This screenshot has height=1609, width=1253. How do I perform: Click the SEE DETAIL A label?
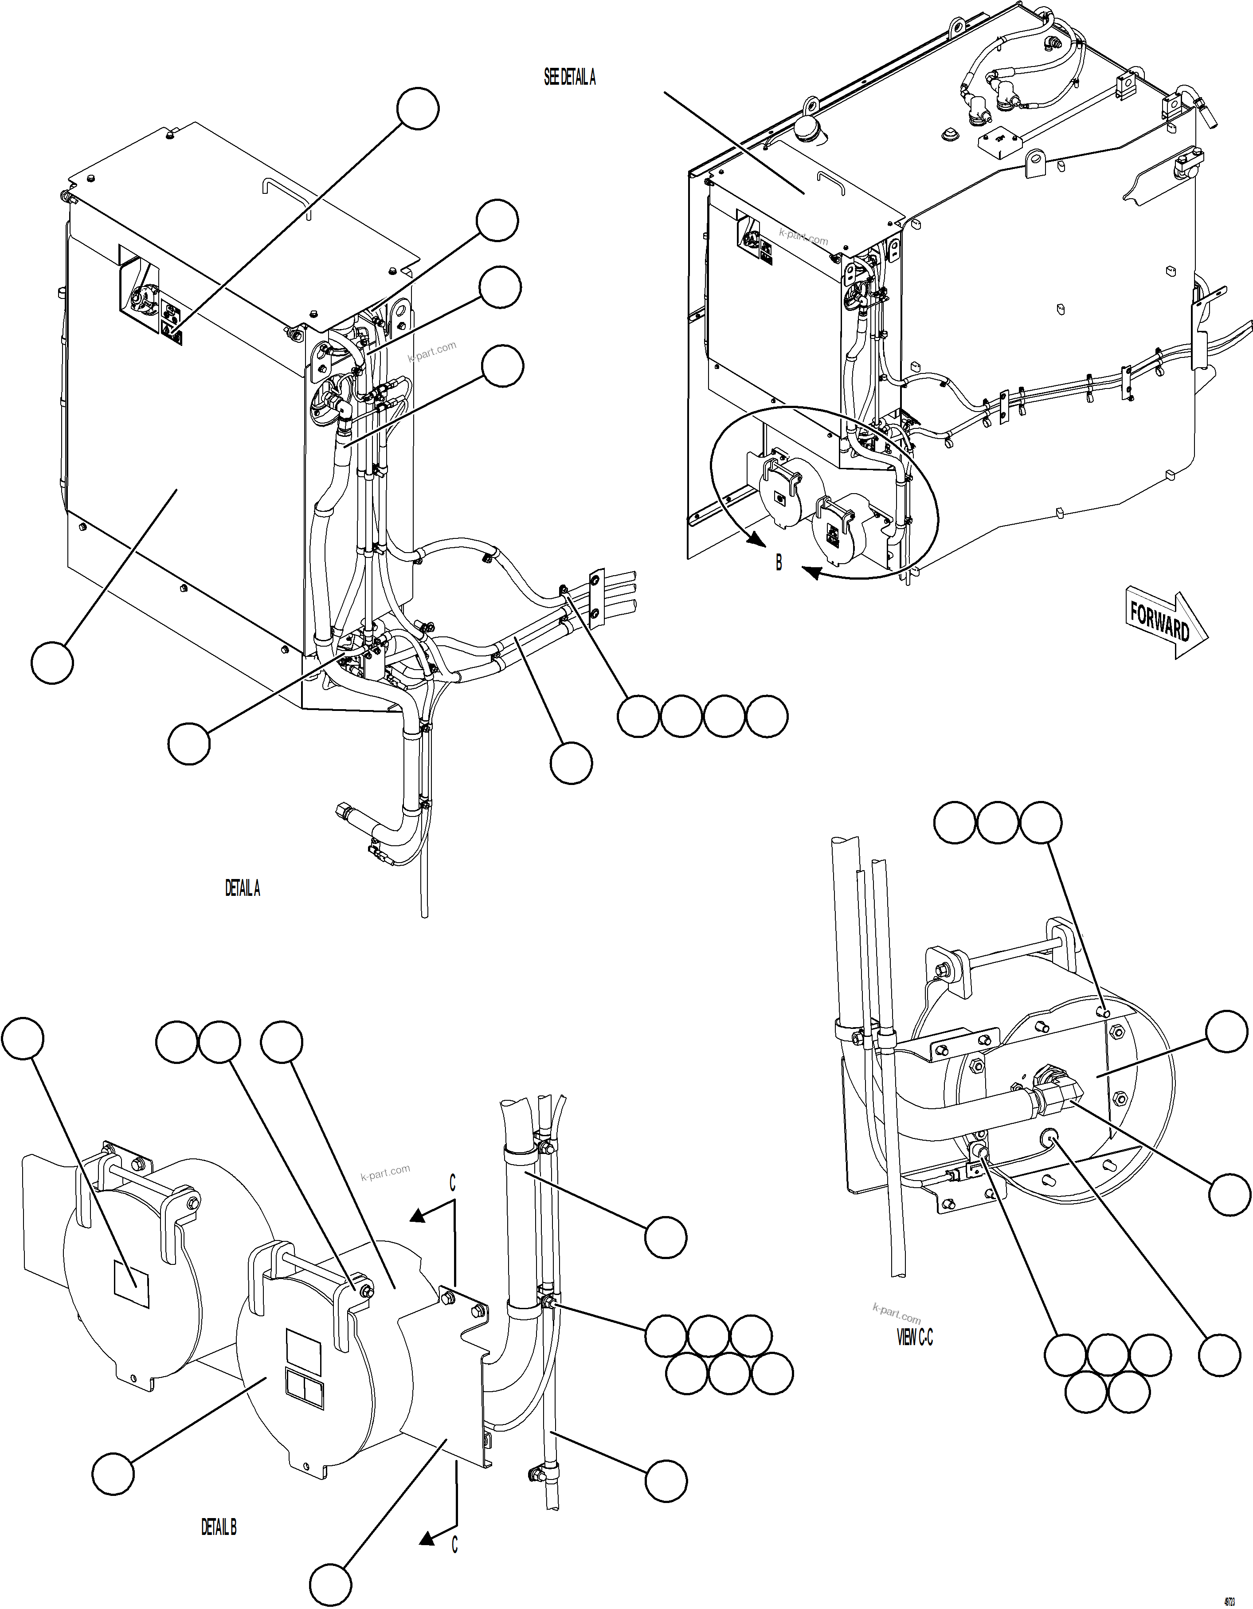click(569, 77)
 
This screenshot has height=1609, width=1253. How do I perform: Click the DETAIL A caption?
click(243, 888)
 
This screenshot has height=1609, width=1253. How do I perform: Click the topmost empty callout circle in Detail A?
click(418, 108)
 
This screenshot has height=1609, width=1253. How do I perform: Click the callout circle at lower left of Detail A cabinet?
click(52, 662)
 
